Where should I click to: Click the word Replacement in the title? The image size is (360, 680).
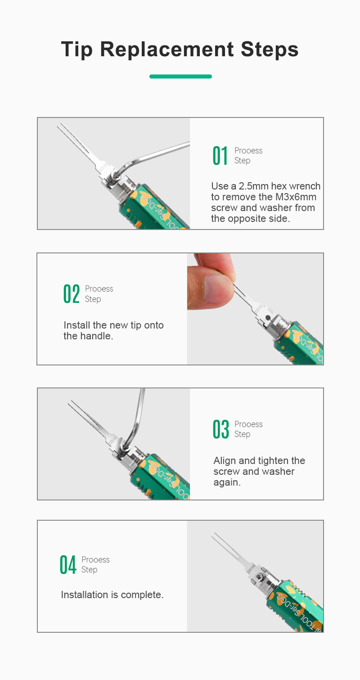tap(167, 49)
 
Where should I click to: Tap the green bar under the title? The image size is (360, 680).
tap(180, 77)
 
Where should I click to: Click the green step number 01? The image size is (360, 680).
tap(220, 156)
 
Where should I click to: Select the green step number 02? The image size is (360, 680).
tap(72, 293)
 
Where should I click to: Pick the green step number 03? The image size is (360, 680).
tap(220, 429)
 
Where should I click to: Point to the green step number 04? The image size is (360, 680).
tap(67, 565)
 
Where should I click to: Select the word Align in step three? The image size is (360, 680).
tap(225, 461)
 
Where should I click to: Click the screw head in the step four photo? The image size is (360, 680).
tap(259, 576)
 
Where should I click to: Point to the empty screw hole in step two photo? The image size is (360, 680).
tap(268, 318)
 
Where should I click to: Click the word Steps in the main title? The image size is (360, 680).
tap(270, 49)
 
